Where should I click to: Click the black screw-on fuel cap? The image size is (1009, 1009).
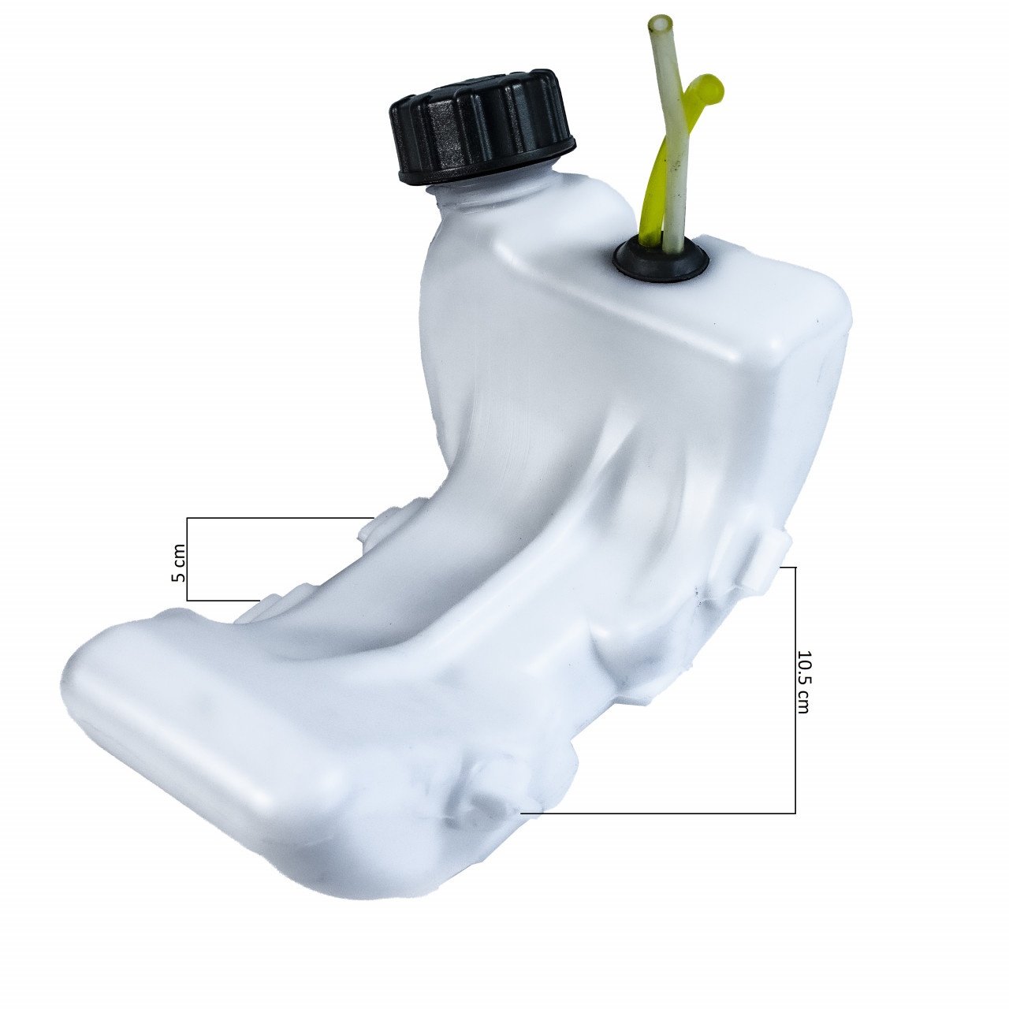[x=481, y=127]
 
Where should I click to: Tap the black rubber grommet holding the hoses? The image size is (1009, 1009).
[x=661, y=259]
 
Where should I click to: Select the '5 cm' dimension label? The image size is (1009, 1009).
[x=179, y=562]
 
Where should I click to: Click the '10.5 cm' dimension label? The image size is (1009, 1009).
[x=802, y=683]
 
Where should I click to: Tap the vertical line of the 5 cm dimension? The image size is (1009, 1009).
[x=188, y=559]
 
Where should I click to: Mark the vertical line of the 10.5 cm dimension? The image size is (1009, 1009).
[x=795, y=690]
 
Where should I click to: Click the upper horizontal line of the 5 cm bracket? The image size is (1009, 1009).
[x=280, y=518]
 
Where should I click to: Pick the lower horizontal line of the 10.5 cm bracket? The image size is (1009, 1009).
[x=658, y=814]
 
